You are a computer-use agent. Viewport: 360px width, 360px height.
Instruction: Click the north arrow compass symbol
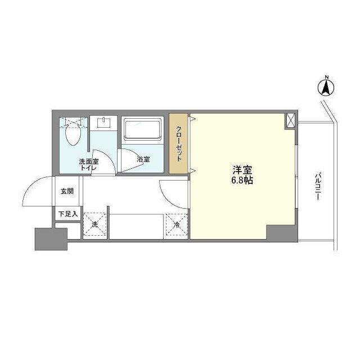(325, 87)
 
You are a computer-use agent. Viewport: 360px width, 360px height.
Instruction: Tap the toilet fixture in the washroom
(73, 133)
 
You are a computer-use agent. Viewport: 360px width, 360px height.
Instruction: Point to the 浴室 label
(143, 159)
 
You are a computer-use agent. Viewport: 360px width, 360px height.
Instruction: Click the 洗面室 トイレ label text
(88, 164)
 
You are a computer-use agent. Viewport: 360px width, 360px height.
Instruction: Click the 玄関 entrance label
(67, 191)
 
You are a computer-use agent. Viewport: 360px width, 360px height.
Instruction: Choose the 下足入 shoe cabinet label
(67, 214)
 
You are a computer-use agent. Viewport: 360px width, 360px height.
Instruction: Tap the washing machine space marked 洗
(94, 224)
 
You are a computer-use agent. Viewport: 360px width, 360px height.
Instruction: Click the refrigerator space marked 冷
(176, 224)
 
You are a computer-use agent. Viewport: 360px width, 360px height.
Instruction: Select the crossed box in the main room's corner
(290, 120)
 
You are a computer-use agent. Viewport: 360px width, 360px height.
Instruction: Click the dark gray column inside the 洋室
(280, 232)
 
